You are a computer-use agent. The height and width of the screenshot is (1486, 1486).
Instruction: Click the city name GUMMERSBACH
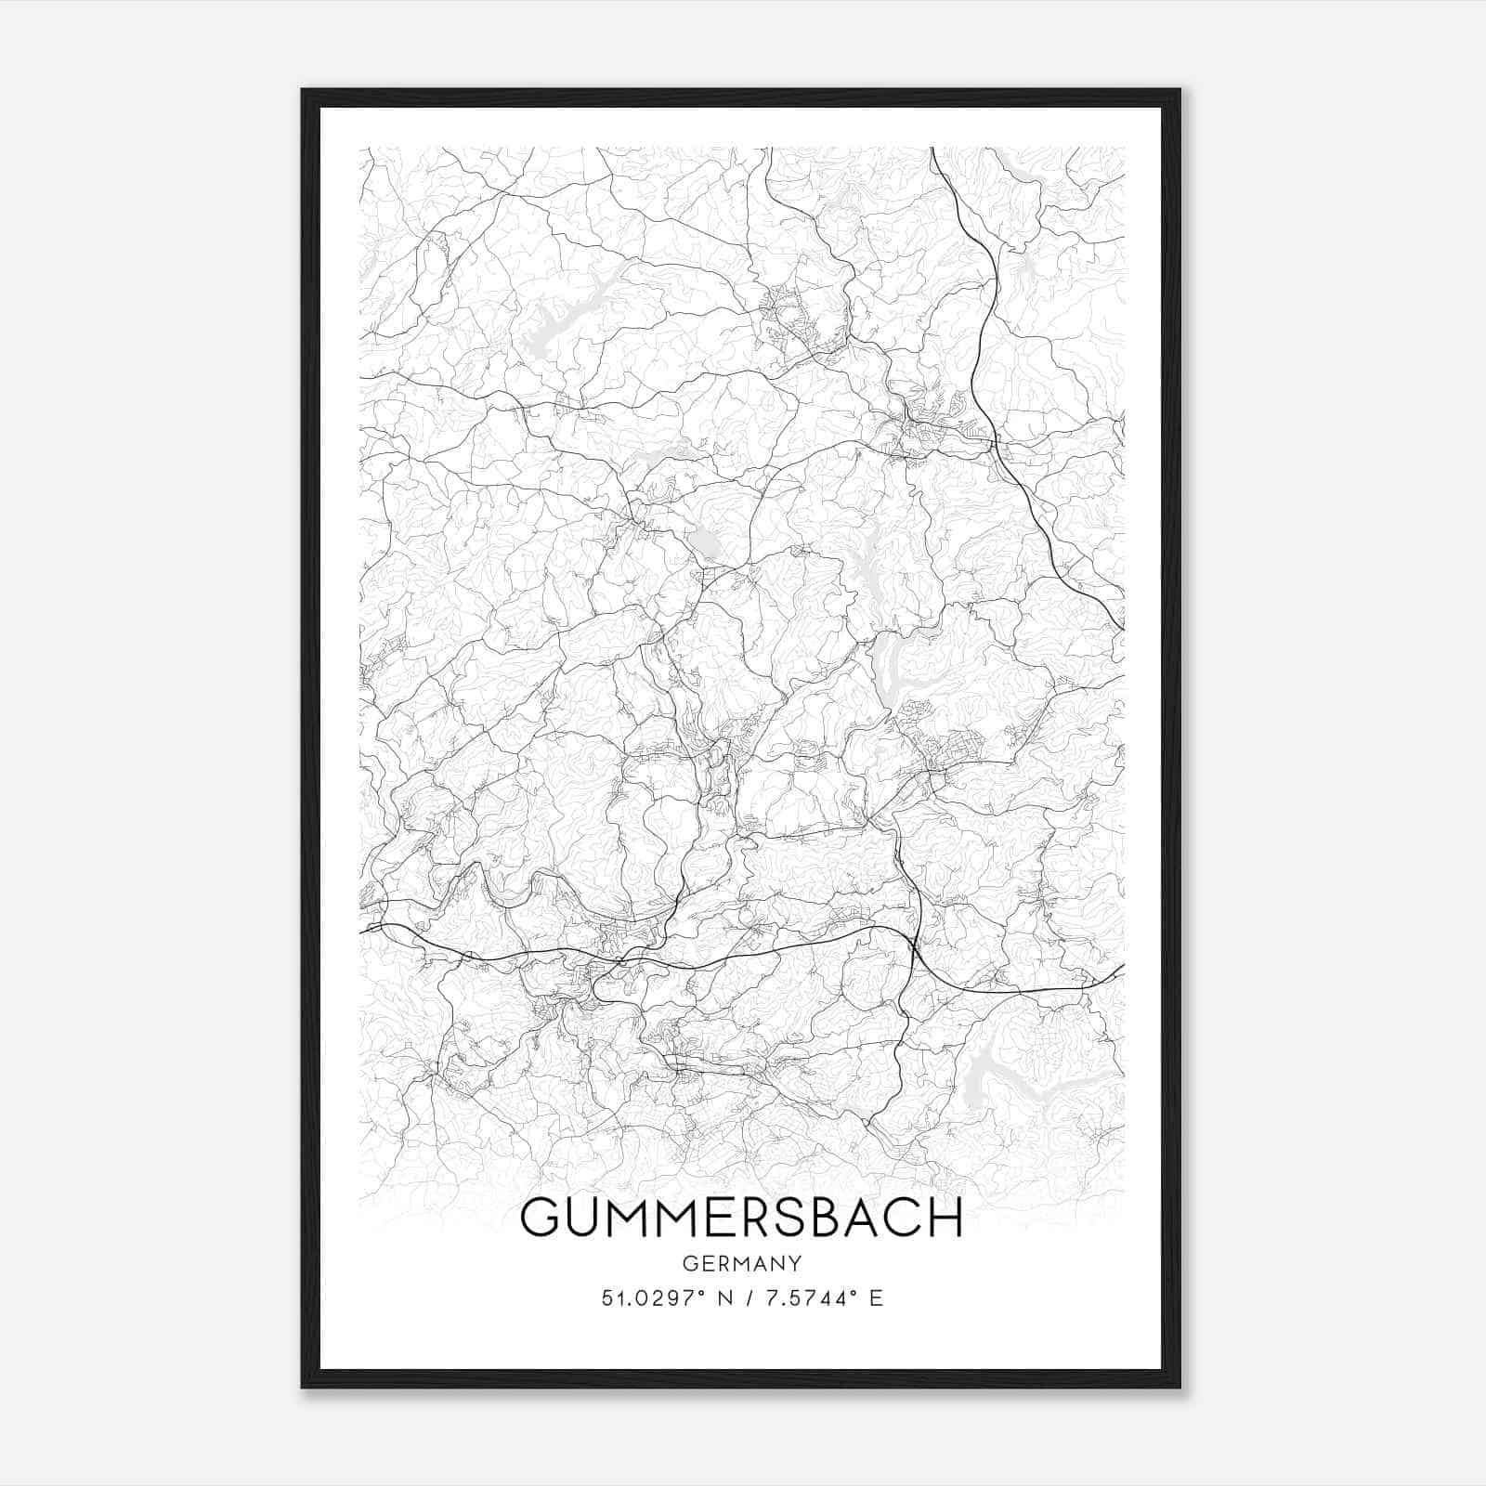(742, 1218)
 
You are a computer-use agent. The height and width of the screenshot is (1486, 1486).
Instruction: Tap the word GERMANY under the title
(742, 1263)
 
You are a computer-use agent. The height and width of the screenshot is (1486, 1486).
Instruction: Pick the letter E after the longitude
(876, 1297)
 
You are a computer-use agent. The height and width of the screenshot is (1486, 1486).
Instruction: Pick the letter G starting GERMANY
(688, 1263)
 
